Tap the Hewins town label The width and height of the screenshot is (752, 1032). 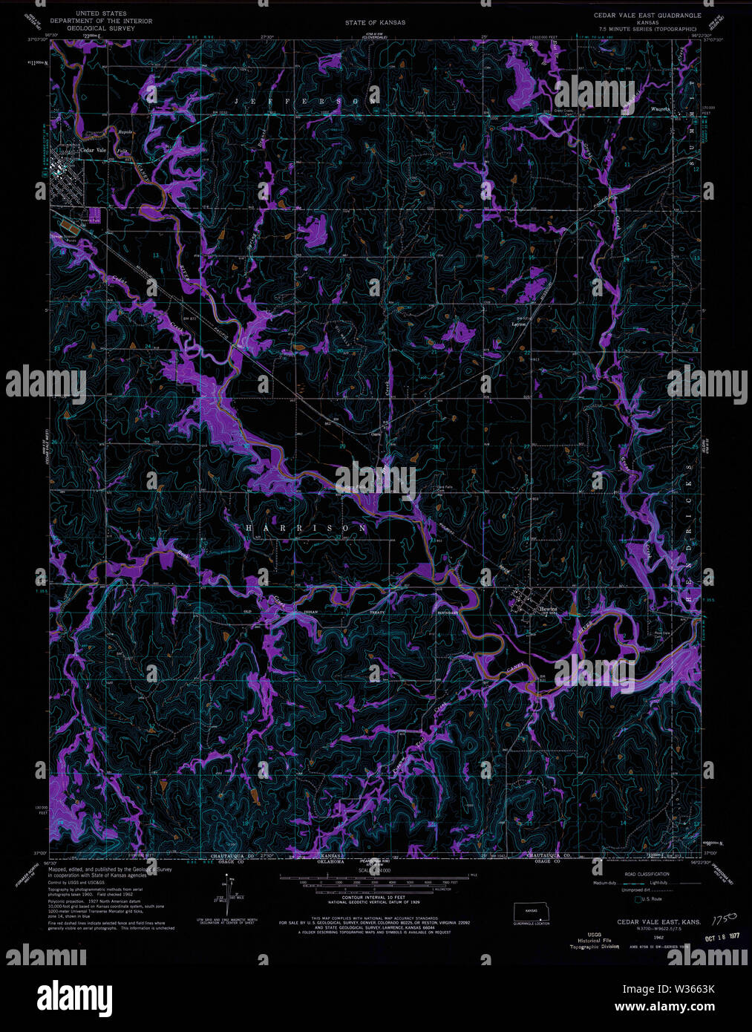coord(548,609)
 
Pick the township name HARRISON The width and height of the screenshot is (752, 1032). coord(306,528)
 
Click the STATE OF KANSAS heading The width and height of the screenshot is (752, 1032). coord(375,23)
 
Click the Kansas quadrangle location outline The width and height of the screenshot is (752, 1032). coord(531,911)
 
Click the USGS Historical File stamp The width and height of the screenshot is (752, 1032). coord(594,940)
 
